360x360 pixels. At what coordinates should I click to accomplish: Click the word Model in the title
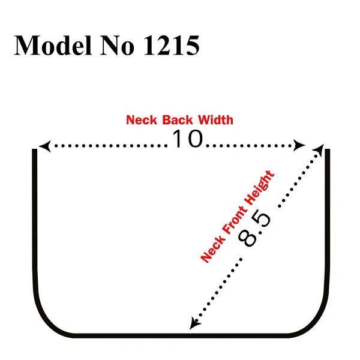[53, 45]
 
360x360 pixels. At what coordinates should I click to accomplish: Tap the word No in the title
[117, 45]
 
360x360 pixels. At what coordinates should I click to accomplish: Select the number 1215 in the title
[171, 45]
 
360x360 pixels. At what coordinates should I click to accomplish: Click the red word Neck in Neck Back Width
[142, 120]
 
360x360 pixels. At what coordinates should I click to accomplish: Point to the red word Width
[215, 120]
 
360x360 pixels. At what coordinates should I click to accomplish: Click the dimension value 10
[188, 139]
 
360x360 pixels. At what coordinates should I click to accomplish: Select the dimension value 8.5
[254, 230]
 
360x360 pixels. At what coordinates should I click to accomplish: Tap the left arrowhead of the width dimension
[44, 146]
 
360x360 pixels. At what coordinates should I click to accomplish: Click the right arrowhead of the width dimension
[299, 146]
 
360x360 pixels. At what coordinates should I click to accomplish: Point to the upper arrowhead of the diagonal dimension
[319, 150]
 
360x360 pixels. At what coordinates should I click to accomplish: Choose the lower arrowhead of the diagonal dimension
[194, 324]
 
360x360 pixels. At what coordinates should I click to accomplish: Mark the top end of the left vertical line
[35, 149]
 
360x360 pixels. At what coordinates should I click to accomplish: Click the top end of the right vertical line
[328, 149]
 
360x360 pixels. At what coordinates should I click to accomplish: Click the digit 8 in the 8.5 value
[247, 239]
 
